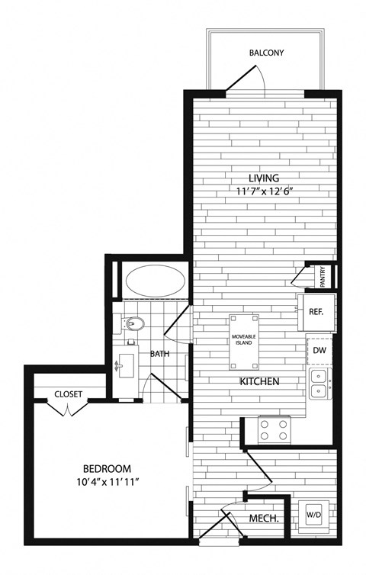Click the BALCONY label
click(266, 53)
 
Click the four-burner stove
click(275, 429)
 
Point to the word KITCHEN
click(259, 381)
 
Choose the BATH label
click(159, 354)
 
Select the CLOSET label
click(69, 394)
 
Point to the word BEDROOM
click(107, 468)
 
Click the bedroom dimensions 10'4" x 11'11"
click(107, 482)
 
